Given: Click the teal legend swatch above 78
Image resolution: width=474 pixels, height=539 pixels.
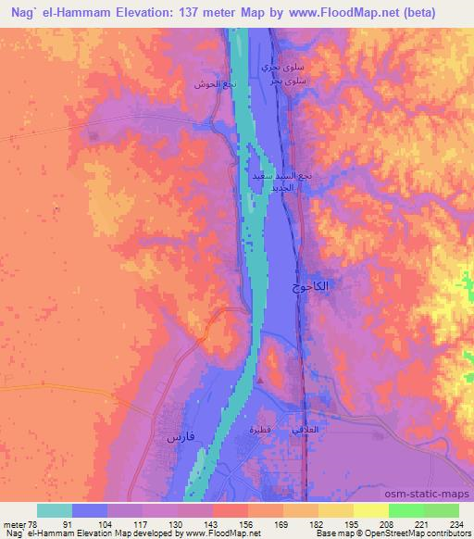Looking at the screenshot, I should point(55,510).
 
